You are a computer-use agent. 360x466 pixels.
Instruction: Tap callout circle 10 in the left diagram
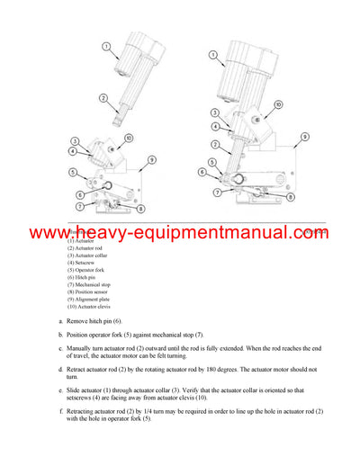point(129,138)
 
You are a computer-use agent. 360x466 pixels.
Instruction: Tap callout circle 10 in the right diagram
point(278,104)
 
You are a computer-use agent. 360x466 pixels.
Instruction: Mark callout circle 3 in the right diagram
point(215,112)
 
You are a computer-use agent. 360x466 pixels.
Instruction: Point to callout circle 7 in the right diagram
point(217,192)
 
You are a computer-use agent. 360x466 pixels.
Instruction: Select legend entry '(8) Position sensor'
point(90,291)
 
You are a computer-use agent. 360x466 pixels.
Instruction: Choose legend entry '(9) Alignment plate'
point(90,299)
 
